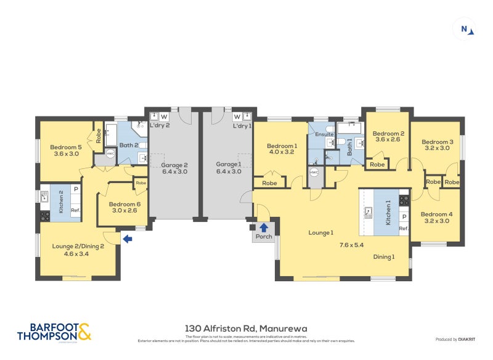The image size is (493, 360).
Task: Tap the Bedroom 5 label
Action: pos(66,147)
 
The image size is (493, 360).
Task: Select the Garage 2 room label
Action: pos(175,165)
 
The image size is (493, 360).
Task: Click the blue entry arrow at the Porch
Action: pos(264,227)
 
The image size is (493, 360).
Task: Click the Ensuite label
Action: pos(324,134)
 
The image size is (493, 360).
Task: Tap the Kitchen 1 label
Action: pos(388,212)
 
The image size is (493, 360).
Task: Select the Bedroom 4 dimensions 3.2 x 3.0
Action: pos(436,221)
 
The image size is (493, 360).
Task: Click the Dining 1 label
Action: pos(383,256)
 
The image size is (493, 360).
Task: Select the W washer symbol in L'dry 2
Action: pos(164,116)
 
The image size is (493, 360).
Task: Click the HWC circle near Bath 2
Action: pos(110,153)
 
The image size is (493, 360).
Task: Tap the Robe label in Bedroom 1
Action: pos(269,183)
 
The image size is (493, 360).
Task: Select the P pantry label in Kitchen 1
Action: pos(404,217)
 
